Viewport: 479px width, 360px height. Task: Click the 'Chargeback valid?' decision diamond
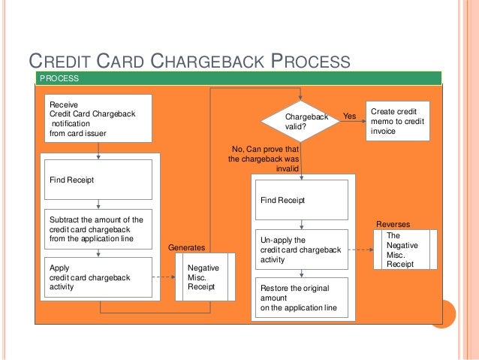point(300,121)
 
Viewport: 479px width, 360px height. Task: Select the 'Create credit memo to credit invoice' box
point(397,121)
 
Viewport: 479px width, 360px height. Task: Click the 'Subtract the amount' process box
point(99,228)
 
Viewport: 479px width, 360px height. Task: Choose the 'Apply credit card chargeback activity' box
point(99,277)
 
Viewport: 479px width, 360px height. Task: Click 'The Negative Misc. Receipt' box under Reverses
point(405,250)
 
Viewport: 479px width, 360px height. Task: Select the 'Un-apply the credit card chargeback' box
point(301,250)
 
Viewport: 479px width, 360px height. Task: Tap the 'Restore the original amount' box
point(301,298)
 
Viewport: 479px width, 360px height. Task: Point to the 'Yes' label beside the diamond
point(349,116)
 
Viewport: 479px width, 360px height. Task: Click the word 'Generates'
point(185,247)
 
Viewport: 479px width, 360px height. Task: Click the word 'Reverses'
point(393,224)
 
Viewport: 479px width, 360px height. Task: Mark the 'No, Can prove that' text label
point(268,150)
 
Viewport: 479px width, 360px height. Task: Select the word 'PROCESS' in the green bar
point(59,78)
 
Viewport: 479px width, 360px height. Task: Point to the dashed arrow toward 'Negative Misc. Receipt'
point(164,277)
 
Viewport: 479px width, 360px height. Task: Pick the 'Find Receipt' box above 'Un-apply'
point(301,201)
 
